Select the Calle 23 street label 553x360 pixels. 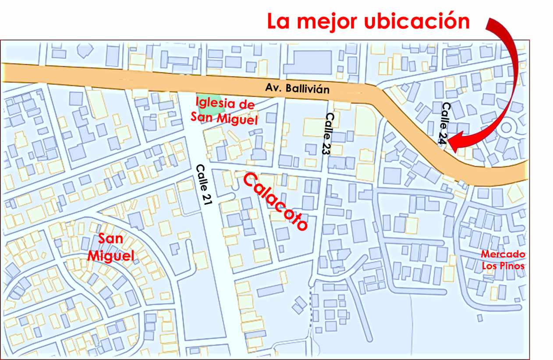[x=329, y=133]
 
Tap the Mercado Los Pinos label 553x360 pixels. [x=503, y=260]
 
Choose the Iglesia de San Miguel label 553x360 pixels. [x=226, y=111]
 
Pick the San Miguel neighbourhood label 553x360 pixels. [x=110, y=247]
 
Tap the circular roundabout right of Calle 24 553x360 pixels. [x=507, y=128]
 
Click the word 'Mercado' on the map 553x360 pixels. [x=503, y=254]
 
